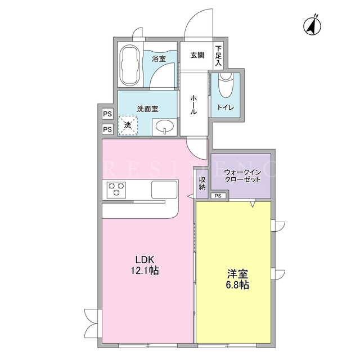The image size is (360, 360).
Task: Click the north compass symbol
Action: coord(312,25)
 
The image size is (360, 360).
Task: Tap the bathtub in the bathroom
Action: coord(130,65)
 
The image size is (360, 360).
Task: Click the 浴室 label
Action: coord(159,58)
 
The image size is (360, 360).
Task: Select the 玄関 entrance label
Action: coord(197,55)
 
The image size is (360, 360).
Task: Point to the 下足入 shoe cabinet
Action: coord(218,56)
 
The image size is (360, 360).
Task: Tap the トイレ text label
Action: coord(226,107)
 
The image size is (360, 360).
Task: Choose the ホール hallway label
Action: coord(193,105)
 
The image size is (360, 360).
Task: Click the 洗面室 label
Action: coord(147,109)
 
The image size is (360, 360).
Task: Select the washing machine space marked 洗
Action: coord(128,125)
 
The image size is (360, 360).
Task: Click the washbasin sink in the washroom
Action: coord(165,126)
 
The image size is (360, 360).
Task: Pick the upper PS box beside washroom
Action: coord(107,114)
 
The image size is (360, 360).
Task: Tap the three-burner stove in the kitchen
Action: coord(116,190)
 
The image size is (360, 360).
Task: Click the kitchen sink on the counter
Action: coord(164,190)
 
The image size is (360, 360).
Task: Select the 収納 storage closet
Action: coord(202,184)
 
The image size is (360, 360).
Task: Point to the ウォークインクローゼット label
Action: coord(242,176)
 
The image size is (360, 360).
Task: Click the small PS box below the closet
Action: coord(218,196)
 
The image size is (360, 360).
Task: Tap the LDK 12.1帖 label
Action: coord(145,265)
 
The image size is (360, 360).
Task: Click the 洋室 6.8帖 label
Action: coord(237,279)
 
